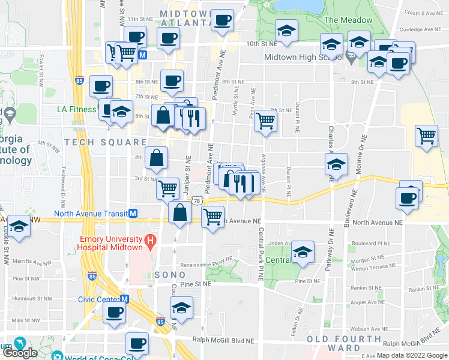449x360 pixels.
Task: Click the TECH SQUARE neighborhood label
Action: (106, 142)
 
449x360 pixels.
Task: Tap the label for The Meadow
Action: (348, 20)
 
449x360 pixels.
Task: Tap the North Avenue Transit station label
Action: (91, 214)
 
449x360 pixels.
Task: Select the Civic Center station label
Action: (100, 299)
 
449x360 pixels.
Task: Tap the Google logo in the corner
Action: (20, 352)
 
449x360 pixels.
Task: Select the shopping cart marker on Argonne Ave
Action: (265, 121)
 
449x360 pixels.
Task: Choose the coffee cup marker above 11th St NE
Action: (222, 19)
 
